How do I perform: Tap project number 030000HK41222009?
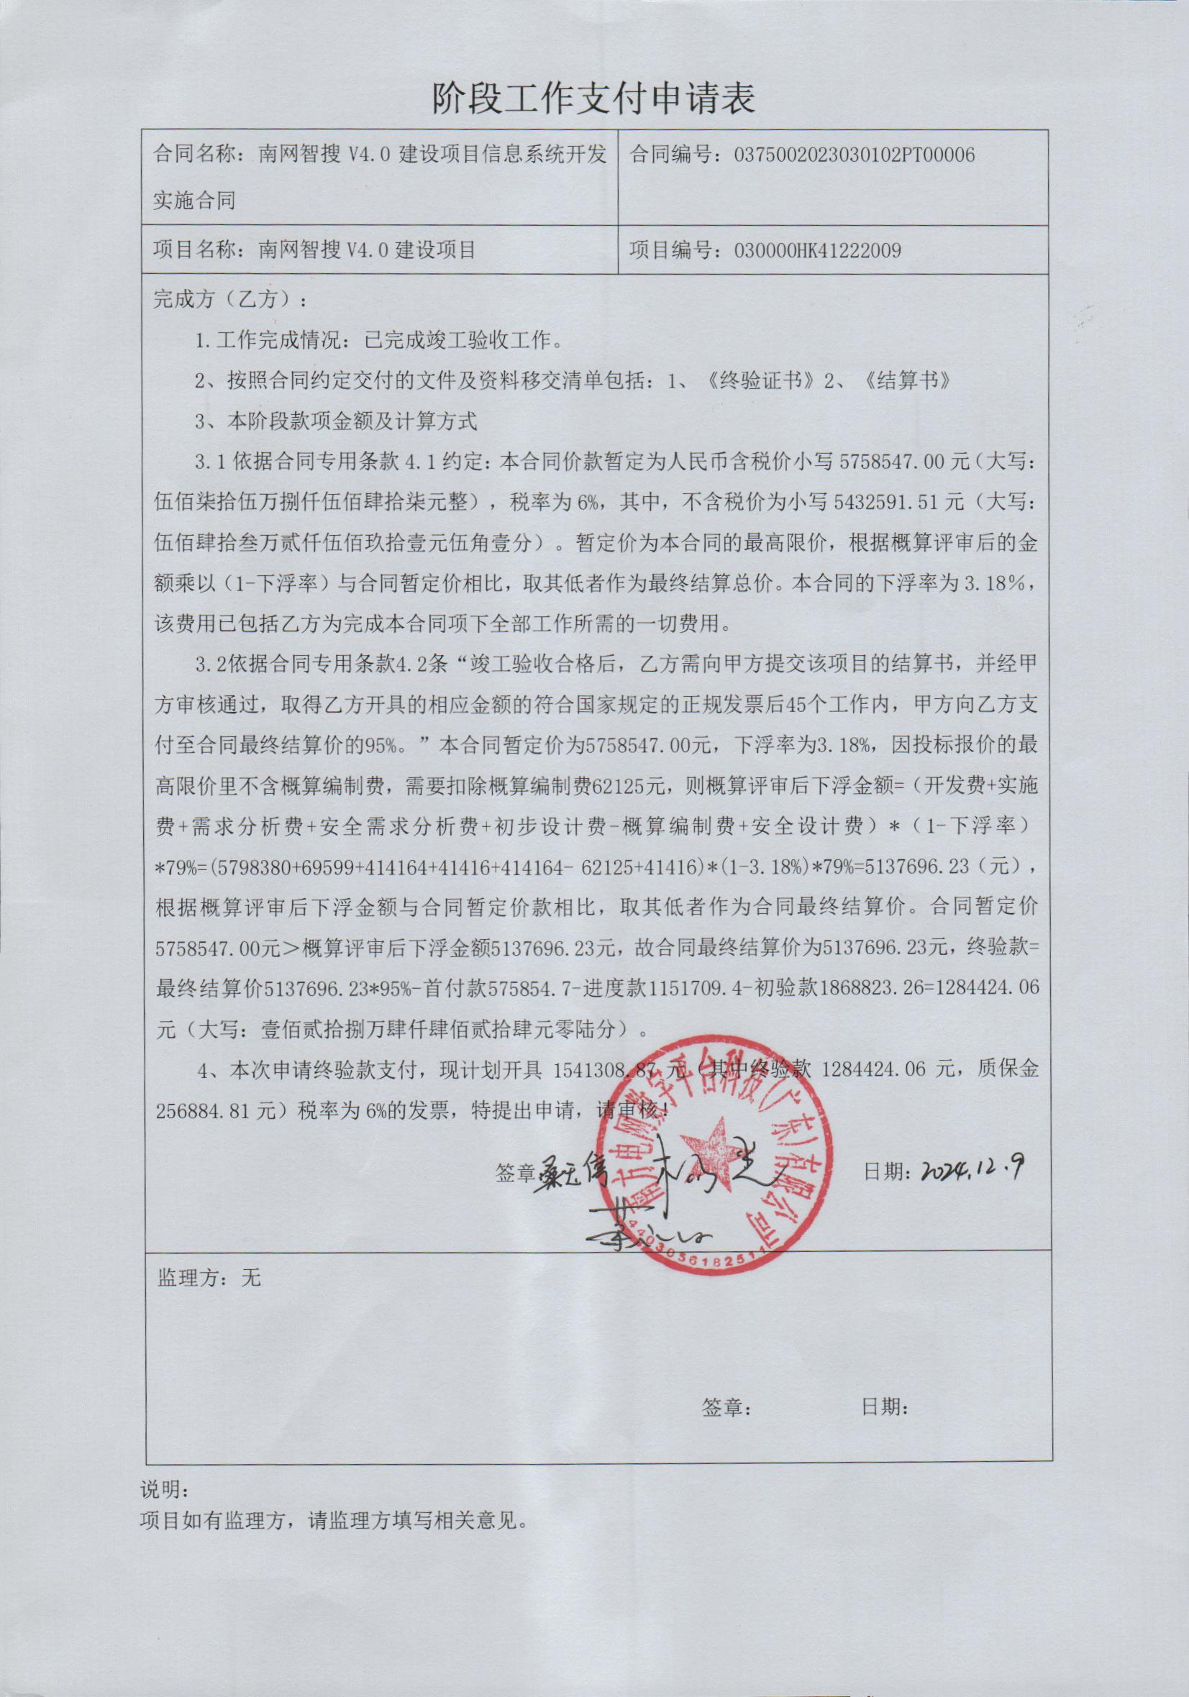817,250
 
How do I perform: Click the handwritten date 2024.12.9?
972,1168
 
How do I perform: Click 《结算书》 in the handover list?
906,380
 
